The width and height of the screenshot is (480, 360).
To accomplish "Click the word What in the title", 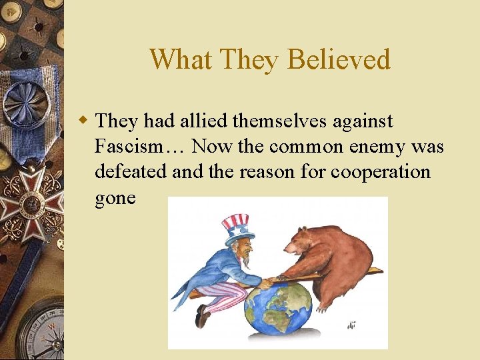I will click(175, 59).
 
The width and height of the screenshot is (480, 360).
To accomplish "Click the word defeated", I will click(131, 172).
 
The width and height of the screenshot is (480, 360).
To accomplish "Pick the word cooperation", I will click(381, 172).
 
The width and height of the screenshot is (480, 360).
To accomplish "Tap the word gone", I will click(115, 197).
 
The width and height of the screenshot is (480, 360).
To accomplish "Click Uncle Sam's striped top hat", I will click(235, 227).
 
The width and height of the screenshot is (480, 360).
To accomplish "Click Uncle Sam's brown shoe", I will click(202, 317).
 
